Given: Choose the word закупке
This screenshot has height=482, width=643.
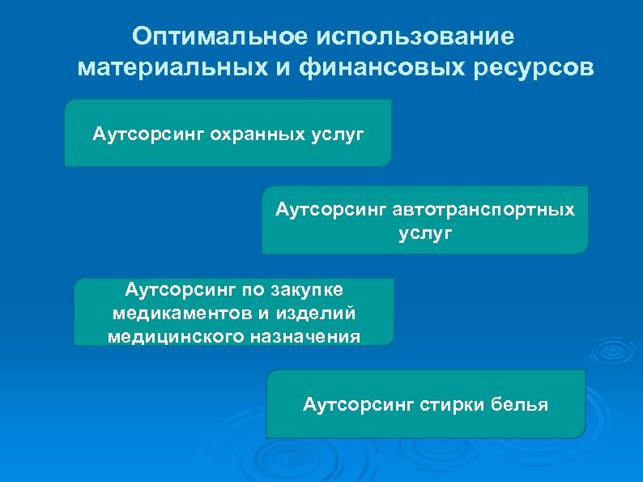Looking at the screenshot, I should click(x=312, y=288).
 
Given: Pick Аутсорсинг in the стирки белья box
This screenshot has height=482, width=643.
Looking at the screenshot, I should click(x=358, y=403).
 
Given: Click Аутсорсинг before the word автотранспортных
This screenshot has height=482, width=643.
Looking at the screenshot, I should click(x=331, y=210).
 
